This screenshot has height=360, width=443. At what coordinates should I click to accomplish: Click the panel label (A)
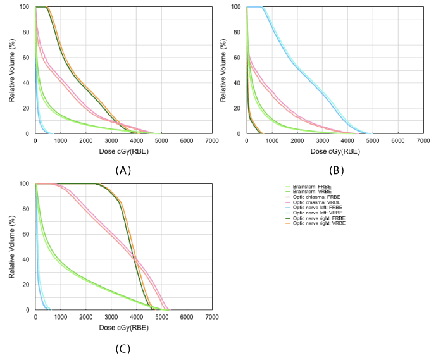[x=123, y=170]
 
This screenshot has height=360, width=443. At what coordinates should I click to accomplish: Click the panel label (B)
[x=335, y=170]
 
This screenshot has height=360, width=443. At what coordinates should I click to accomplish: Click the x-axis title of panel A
[x=124, y=151]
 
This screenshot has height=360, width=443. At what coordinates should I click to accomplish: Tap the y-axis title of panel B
[x=223, y=71]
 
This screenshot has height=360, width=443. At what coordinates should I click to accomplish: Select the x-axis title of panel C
[x=124, y=327]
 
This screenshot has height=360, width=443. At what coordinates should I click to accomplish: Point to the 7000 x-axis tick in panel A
[x=212, y=140]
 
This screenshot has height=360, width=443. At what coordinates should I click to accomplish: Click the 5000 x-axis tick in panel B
[x=373, y=140]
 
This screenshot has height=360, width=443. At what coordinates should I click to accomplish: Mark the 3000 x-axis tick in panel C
[x=111, y=316]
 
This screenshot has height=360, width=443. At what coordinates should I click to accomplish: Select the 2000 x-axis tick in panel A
[x=85, y=140]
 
